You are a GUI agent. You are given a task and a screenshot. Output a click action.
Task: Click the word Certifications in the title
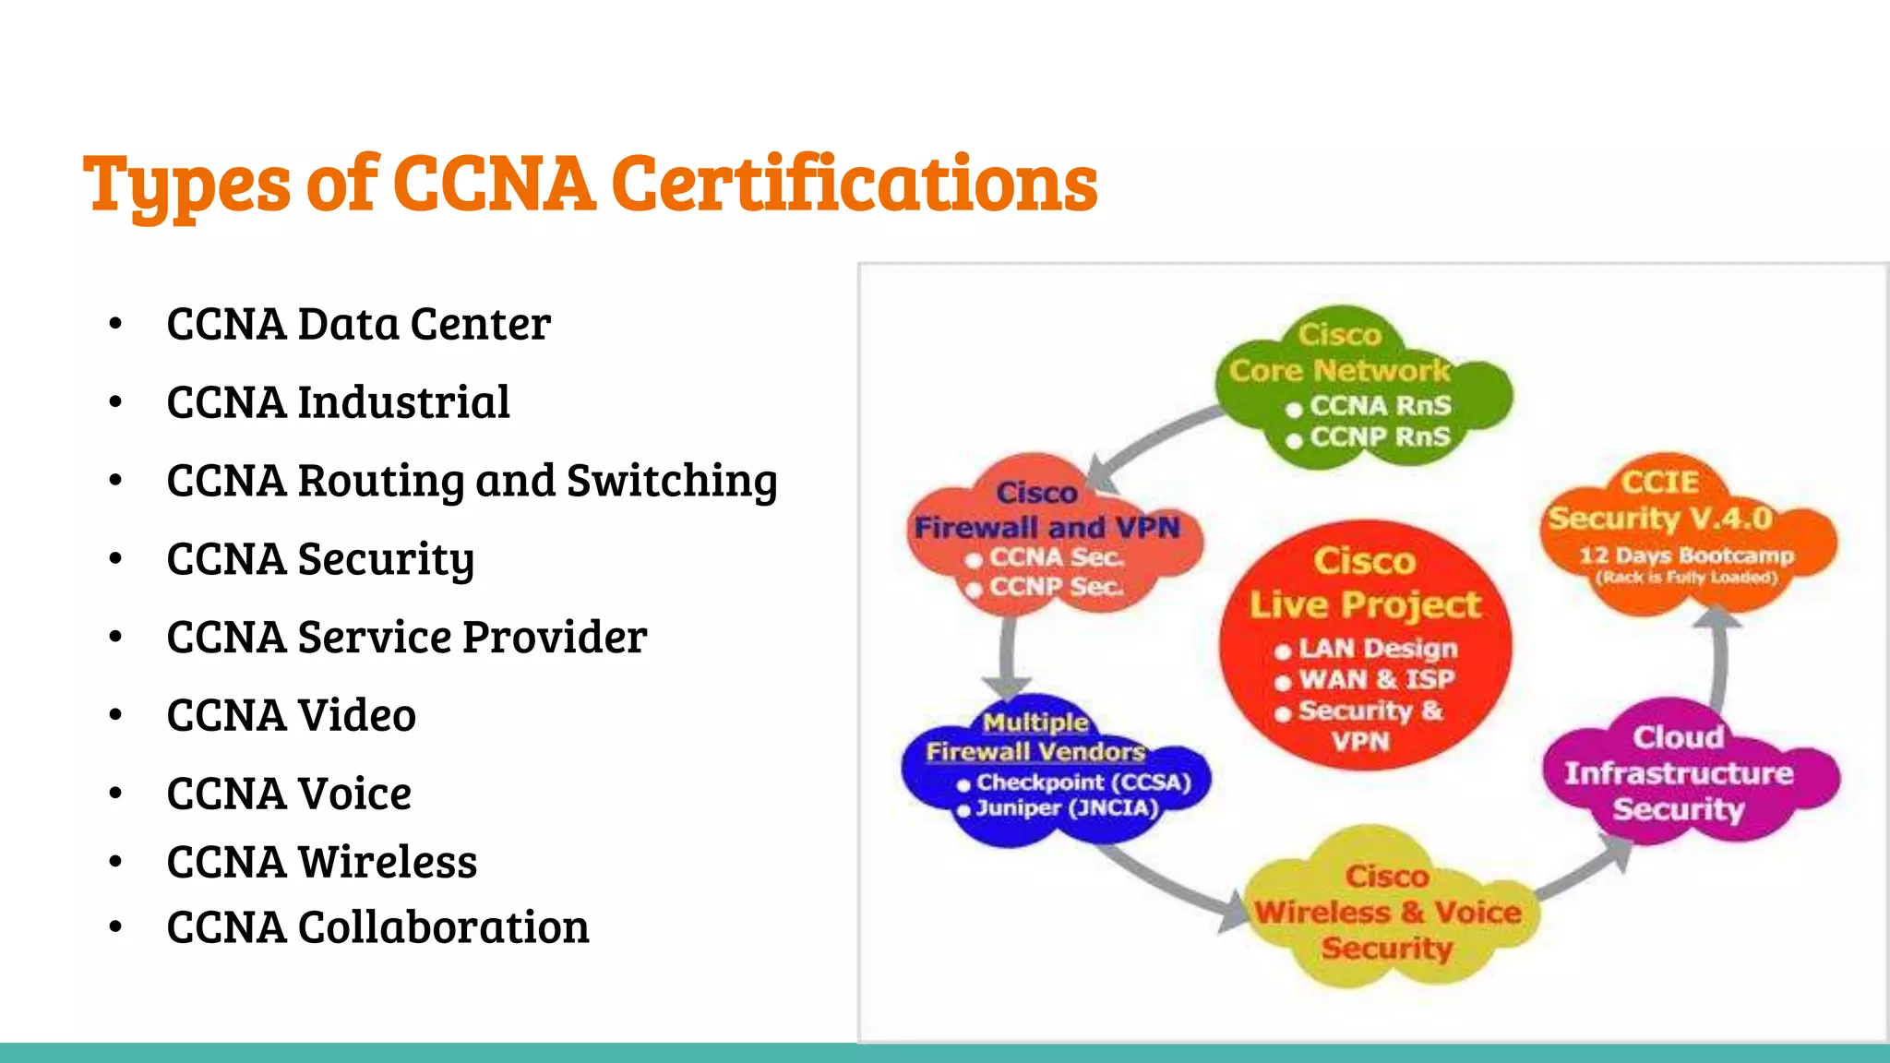tap(854, 184)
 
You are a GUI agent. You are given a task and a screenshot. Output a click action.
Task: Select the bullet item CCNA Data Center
tap(358, 324)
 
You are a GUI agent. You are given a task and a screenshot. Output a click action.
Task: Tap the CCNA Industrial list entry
tap(338, 402)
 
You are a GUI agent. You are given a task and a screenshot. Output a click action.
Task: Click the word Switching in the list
tap(672, 481)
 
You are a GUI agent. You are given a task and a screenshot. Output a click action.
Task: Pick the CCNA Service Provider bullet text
tap(406, 637)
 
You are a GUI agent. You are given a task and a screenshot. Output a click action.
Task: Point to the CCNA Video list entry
tap(291, 715)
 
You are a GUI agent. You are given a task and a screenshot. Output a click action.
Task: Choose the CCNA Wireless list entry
tap(321, 862)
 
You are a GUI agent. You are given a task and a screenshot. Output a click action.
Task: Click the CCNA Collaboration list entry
tap(377, 926)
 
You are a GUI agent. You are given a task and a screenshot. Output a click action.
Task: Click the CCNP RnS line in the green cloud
tap(1380, 436)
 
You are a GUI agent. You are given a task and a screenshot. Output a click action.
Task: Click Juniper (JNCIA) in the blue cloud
tap(1067, 808)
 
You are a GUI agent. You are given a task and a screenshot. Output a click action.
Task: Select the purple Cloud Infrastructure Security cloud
tap(1679, 773)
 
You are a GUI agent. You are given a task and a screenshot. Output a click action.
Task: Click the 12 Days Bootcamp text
tap(1686, 555)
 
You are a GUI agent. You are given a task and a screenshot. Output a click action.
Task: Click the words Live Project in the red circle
tap(1365, 605)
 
